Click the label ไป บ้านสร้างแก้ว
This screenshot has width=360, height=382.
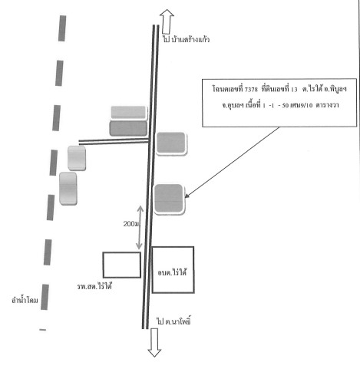[186, 40]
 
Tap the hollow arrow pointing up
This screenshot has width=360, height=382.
[167, 21]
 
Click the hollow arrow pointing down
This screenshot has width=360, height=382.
[154, 343]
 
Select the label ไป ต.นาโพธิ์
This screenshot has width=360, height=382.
[173, 321]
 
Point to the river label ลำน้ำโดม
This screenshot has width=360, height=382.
[25, 300]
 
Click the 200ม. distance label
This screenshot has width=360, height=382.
[132, 224]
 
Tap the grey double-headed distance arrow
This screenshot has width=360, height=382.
[140, 227]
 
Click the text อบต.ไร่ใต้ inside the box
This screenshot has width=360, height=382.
[172, 272]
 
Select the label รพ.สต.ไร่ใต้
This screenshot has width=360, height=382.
[94, 286]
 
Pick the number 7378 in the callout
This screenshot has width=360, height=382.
[251, 89]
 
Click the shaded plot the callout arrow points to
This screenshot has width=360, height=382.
[169, 199]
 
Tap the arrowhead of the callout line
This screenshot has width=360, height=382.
[187, 196]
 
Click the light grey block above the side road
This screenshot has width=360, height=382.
[128, 113]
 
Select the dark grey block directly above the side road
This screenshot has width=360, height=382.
[128, 128]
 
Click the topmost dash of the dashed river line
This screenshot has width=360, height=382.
[62, 28]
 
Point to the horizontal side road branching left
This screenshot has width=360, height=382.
[114, 141]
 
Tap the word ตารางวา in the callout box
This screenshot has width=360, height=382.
[327, 105]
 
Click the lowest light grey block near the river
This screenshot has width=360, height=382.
[68, 189]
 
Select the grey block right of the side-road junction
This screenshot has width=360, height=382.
[171, 143]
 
